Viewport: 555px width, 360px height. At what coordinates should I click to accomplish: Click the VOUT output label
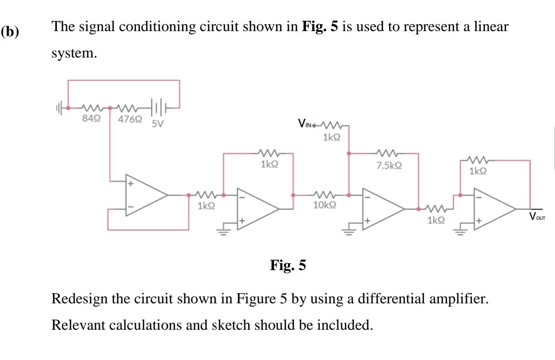click(x=537, y=216)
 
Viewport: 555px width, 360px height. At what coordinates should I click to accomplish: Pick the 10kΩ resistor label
click(x=324, y=205)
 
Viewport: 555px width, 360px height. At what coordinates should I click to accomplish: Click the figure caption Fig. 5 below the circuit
click(x=288, y=265)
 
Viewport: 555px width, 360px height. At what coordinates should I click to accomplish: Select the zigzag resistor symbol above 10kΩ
click(x=326, y=195)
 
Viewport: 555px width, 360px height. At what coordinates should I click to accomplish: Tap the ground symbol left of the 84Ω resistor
click(x=61, y=108)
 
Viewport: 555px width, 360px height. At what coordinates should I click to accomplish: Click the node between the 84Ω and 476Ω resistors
click(x=110, y=108)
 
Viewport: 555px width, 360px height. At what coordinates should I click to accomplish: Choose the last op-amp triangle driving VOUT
click(x=494, y=209)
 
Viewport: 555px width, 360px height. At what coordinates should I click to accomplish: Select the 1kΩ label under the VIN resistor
click(x=331, y=137)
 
